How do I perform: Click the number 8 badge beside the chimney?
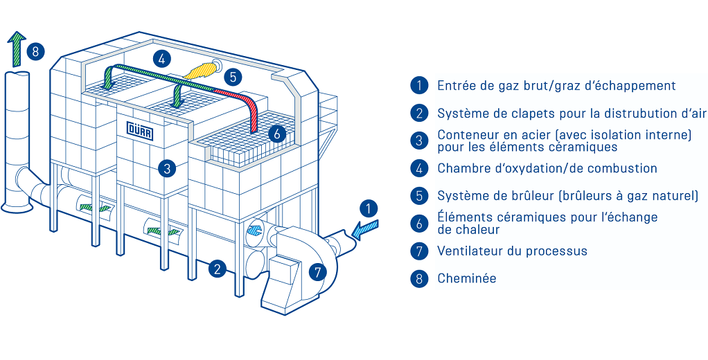pos(36,51)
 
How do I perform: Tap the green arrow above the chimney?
pos(17,46)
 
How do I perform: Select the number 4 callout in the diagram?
pos(161,59)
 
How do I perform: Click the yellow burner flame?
pos(201,70)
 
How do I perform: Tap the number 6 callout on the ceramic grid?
pos(276,134)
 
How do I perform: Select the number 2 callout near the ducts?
pos(218,269)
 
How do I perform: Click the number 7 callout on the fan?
pos(317,272)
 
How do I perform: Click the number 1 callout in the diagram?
pos(370,208)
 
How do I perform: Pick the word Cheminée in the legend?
pos(466,279)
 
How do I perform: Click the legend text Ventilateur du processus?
pos(512,251)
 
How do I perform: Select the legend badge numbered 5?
pos(419,196)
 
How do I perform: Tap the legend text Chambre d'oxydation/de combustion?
pos(547,168)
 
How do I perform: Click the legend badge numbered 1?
pos(419,86)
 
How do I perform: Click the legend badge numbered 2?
pos(419,114)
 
